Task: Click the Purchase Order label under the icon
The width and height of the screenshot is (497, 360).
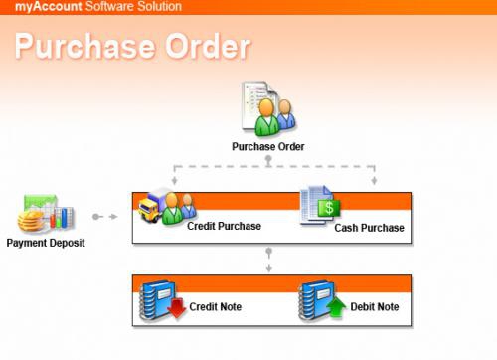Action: (267, 147)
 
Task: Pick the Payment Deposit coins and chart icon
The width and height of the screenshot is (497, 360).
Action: (46, 213)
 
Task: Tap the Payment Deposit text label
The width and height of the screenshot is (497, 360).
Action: (46, 242)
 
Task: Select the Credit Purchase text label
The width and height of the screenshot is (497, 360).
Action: (224, 226)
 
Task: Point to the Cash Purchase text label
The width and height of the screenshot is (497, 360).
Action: (369, 228)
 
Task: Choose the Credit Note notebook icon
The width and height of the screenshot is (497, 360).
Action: (159, 302)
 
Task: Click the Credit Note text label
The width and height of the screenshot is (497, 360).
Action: (216, 306)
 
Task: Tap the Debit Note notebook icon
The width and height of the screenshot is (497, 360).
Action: (320, 302)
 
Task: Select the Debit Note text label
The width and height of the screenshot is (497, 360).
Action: (375, 306)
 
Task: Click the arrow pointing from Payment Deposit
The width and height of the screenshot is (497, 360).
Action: (103, 216)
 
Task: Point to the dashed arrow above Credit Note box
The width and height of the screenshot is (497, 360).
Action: (268, 260)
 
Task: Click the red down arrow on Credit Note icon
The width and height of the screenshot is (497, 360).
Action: (176, 313)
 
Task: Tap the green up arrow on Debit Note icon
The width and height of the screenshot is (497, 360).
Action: (335, 311)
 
